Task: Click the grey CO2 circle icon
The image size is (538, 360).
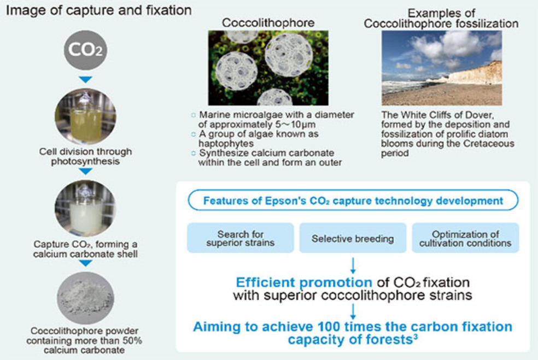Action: pyautogui.click(x=85, y=50)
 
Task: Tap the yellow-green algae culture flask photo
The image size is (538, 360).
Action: pyautogui.click(x=85, y=116)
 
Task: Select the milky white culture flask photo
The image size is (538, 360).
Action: pyautogui.click(x=85, y=208)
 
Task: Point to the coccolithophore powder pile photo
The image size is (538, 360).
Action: pyautogui.click(x=85, y=298)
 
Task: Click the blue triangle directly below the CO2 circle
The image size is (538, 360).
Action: pyautogui.click(x=85, y=80)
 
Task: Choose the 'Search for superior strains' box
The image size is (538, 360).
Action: pyautogui.click(x=240, y=238)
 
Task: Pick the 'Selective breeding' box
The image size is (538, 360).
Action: pyautogui.click(x=353, y=238)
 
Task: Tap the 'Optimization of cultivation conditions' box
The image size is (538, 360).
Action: pyautogui.click(x=465, y=238)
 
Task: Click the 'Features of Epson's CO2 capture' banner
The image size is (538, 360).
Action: pyautogui.click(x=353, y=200)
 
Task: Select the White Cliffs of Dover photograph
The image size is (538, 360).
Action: pyautogui.click(x=442, y=68)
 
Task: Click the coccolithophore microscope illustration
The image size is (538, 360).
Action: pyautogui.click(x=268, y=68)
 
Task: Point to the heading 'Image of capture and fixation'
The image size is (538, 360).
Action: pyautogui.click(x=99, y=10)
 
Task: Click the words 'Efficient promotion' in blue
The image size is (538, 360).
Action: pyautogui.click(x=304, y=282)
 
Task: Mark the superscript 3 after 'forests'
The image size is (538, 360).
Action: pyautogui.click(x=415, y=337)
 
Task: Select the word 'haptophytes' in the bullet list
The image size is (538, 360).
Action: pyautogui.click(x=226, y=143)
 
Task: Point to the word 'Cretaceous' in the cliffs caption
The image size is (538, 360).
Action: pyautogui.click(x=489, y=143)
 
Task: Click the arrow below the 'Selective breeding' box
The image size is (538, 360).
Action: pyautogui.click(x=353, y=265)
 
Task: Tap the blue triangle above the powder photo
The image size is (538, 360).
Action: pyautogui.click(x=85, y=263)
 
